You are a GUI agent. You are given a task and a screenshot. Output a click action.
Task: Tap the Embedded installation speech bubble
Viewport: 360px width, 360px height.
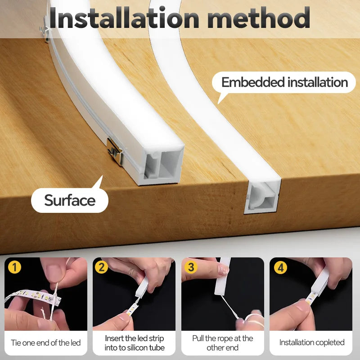coord(284,83)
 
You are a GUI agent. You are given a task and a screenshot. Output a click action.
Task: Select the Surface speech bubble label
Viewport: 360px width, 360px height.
coord(70,200)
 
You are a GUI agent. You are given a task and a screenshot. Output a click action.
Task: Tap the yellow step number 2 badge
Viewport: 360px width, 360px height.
coord(102,267)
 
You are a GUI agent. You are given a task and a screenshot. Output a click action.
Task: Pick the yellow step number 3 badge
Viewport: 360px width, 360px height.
coord(191,267)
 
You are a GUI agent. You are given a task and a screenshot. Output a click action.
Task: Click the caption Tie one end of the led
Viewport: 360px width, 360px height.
coord(45,343)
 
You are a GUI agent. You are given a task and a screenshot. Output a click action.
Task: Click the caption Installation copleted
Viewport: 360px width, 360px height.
coord(312,343)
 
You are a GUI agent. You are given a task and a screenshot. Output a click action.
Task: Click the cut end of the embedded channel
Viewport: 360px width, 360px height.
coord(263,196)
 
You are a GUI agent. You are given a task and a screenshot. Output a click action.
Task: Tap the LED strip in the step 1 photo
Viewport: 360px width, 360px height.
coord(27,297)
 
